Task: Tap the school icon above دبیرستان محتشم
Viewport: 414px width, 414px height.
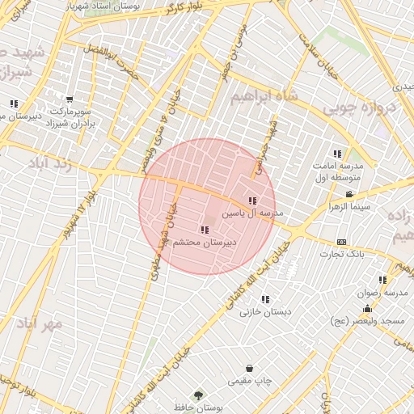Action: (x=203, y=230)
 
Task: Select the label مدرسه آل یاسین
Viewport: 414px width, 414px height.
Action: (x=253, y=213)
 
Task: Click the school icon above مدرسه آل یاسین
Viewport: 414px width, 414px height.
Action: (x=252, y=201)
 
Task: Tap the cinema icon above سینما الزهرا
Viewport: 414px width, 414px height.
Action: (x=349, y=194)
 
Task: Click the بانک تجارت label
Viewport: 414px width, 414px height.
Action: (x=341, y=254)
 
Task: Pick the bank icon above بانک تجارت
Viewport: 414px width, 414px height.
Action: (x=341, y=242)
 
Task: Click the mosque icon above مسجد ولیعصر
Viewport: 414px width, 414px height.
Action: (x=367, y=308)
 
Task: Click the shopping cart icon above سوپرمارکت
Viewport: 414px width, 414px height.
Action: (x=70, y=99)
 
